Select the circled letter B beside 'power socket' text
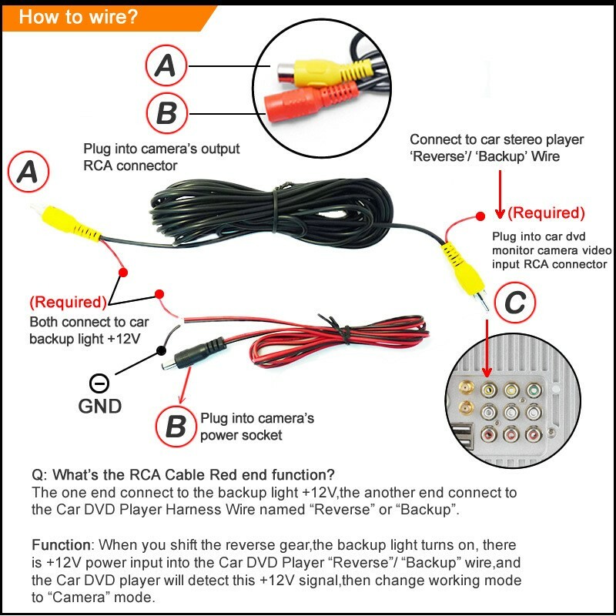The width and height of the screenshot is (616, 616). click(x=176, y=427)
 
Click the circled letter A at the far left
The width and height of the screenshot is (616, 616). click(x=28, y=174)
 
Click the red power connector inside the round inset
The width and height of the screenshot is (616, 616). click(x=308, y=103)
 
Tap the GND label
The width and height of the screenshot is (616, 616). click(x=99, y=406)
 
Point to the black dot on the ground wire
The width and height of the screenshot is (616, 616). click(x=161, y=350)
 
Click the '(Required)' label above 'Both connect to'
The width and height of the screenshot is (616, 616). click(x=68, y=302)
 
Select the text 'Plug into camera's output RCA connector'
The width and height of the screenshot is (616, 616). click(x=162, y=157)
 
